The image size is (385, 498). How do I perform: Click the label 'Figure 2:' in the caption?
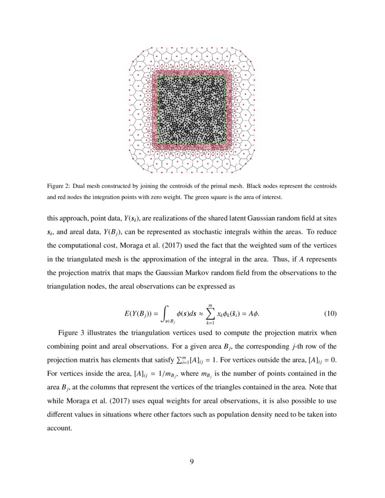pyautogui.click(x=58, y=187)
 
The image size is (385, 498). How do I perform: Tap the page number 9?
pyautogui.click(x=192, y=461)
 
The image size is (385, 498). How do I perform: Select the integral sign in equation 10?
pyautogui.click(x=166, y=313)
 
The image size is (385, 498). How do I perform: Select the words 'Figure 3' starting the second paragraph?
pyautogui.click(x=71, y=333)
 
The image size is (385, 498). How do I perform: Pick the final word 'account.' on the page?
pyautogui.click(x=60, y=428)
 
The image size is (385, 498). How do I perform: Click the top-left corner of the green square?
pyautogui.click(x=159, y=77)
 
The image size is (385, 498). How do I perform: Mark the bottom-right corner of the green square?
pyautogui.click(x=226, y=145)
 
